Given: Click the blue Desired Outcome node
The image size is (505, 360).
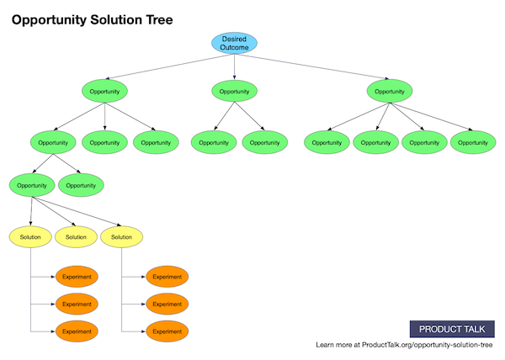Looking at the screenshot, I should (234, 43).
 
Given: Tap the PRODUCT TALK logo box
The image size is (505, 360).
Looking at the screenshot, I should (452, 329).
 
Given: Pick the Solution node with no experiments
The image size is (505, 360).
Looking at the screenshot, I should (76, 237).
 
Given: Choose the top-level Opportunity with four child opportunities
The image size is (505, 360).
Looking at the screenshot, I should (389, 91).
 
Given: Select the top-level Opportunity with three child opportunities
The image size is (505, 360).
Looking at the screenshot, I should (104, 91).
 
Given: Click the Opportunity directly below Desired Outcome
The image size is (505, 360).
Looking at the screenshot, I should (234, 91).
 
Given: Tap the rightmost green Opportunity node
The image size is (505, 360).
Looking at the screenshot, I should (473, 142).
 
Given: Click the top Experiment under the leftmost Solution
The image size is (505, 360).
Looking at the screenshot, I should (77, 277).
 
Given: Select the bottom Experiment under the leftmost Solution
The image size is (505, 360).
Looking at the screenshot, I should (77, 331).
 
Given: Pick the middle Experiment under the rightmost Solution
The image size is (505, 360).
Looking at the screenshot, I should (167, 304).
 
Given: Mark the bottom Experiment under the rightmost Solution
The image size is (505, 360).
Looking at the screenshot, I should (167, 331).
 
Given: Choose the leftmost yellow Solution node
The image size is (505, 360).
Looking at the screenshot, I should (30, 237).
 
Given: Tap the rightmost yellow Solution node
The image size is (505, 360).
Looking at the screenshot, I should (122, 237).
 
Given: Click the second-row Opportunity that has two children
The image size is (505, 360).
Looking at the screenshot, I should (53, 142).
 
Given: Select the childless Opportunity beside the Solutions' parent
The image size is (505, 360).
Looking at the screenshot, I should (81, 184).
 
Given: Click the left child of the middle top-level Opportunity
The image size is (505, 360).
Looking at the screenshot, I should (214, 142).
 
